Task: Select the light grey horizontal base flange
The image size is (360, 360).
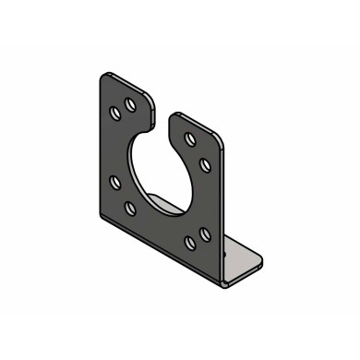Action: (x=242, y=258)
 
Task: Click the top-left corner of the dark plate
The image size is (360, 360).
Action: (x=104, y=76)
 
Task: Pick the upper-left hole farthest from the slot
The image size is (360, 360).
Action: (x=115, y=112)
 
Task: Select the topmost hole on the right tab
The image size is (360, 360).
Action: (x=189, y=139)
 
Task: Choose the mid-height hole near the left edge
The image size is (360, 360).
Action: (x=114, y=182)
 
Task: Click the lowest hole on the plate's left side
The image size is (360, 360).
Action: (x=130, y=209)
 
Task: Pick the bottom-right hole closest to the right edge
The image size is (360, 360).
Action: (x=205, y=235)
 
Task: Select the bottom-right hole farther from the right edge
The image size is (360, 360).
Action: (x=189, y=244)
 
